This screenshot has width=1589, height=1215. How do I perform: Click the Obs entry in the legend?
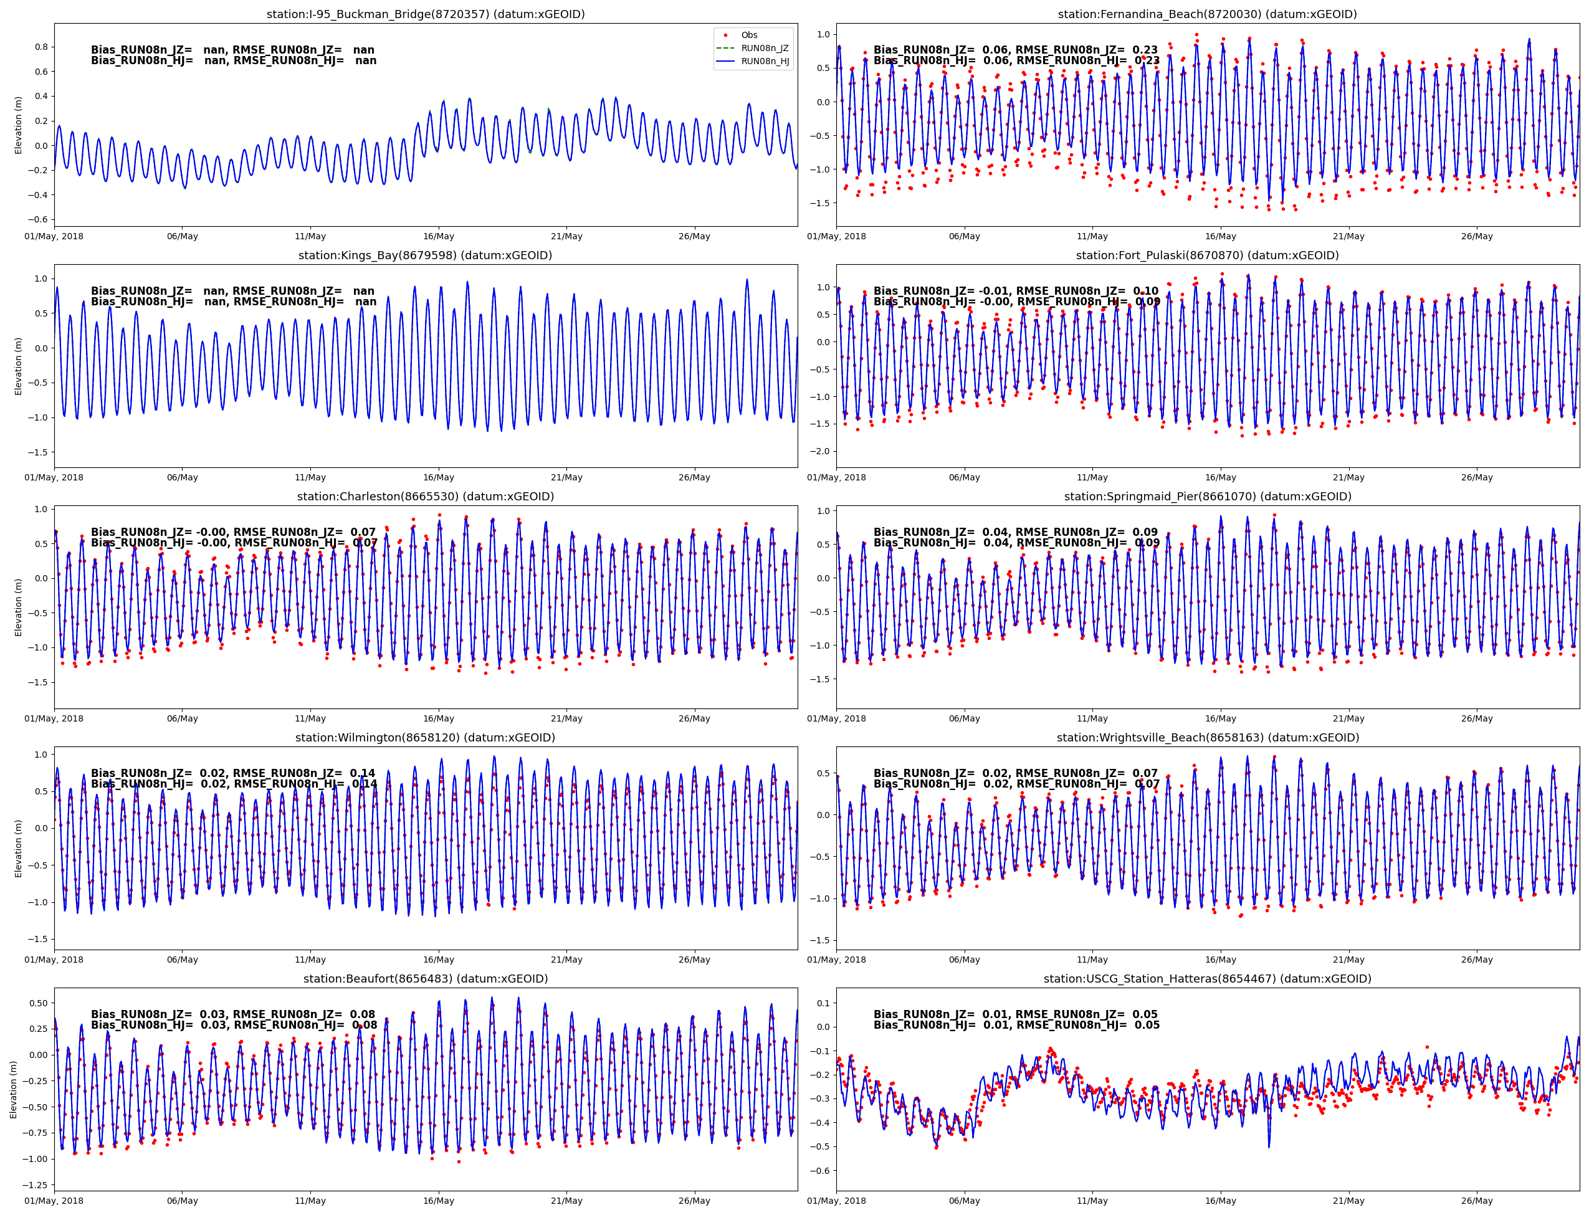coord(748,36)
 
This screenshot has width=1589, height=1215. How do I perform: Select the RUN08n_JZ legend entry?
coord(764,49)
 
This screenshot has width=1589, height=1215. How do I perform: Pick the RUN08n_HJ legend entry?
coord(764,62)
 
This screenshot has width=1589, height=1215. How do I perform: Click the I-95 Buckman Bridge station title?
coord(425,14)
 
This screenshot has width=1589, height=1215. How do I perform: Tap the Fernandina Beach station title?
coord(1207,14)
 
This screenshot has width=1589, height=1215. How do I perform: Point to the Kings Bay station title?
coord(425,255)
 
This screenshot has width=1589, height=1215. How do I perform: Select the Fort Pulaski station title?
coord(1207,255)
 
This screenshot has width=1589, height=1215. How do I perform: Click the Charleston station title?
coord(425,497)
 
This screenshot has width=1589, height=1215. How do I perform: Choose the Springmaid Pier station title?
coord(1207,497)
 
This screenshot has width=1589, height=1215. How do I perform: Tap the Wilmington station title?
coord(425,738)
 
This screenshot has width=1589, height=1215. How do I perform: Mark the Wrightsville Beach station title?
coord(1207,738)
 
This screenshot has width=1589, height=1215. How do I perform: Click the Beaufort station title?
coord(425,978)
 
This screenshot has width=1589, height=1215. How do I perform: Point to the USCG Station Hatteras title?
coord(1207,978)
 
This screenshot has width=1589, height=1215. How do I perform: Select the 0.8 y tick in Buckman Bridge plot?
coord(41,47)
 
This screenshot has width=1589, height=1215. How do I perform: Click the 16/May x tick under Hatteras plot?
coord(1220,1201)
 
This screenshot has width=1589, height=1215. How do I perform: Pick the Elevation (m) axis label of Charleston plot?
coord(19,607)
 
